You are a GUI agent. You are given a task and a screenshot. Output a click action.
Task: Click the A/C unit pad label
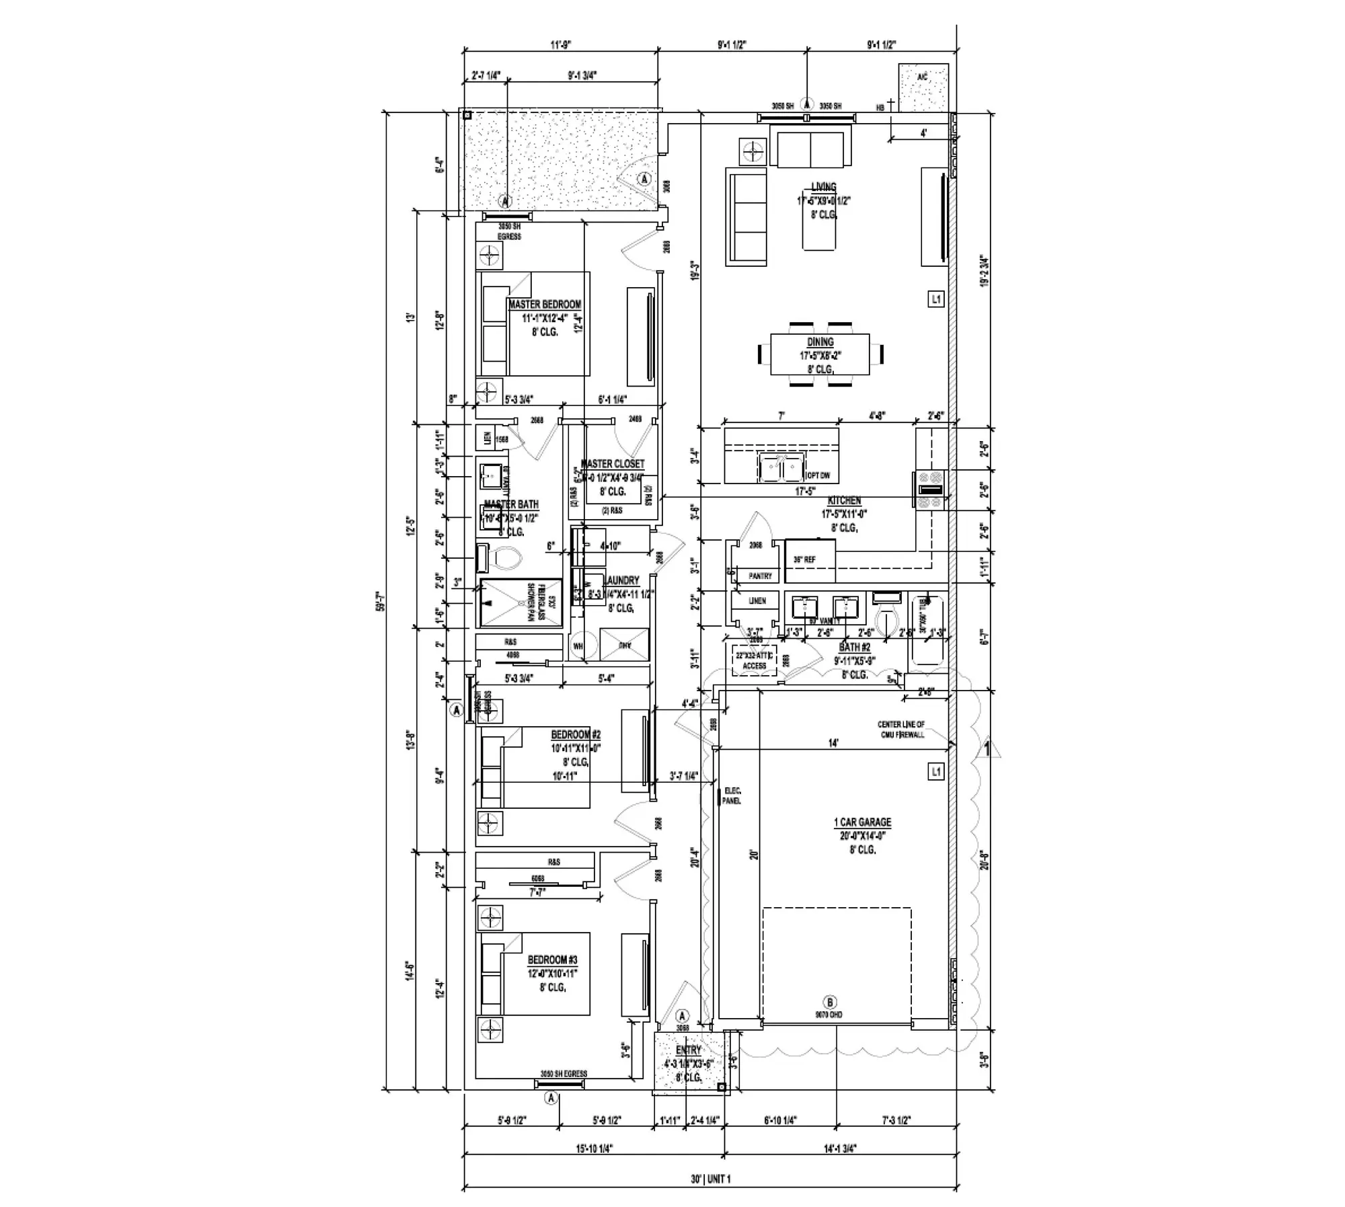[x=922, y=78]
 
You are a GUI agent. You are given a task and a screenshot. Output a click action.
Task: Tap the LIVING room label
[x=823, y=187]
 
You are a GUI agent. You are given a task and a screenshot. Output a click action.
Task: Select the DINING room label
[x=820, y=342]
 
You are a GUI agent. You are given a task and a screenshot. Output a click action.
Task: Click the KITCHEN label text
[x=844, y=501]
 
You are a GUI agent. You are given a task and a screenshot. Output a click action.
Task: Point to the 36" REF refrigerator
[x=810, y=560]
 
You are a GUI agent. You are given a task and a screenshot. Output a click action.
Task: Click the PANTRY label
[x=760, y=576]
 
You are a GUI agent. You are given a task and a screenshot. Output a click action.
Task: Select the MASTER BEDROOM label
[x=545, y=305]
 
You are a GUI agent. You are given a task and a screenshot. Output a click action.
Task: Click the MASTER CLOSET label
[x=612, y=464]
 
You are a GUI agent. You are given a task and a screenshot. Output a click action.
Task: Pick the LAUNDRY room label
[x=621, y=580]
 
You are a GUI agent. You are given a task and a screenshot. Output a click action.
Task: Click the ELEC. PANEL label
[x=732, y=796]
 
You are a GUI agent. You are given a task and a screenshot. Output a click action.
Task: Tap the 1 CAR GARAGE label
[x=862, y=822]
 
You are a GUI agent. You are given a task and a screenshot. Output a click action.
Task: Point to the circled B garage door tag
[x=830, y=1003]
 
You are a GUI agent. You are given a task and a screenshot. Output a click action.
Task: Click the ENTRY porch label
[x=688, y=1050]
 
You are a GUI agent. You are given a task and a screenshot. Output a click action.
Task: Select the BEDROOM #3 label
[x=552, y=960]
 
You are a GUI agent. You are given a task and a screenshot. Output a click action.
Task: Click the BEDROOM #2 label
[x=576, y=735]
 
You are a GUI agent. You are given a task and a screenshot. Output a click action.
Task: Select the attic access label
[x=754, y=660]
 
